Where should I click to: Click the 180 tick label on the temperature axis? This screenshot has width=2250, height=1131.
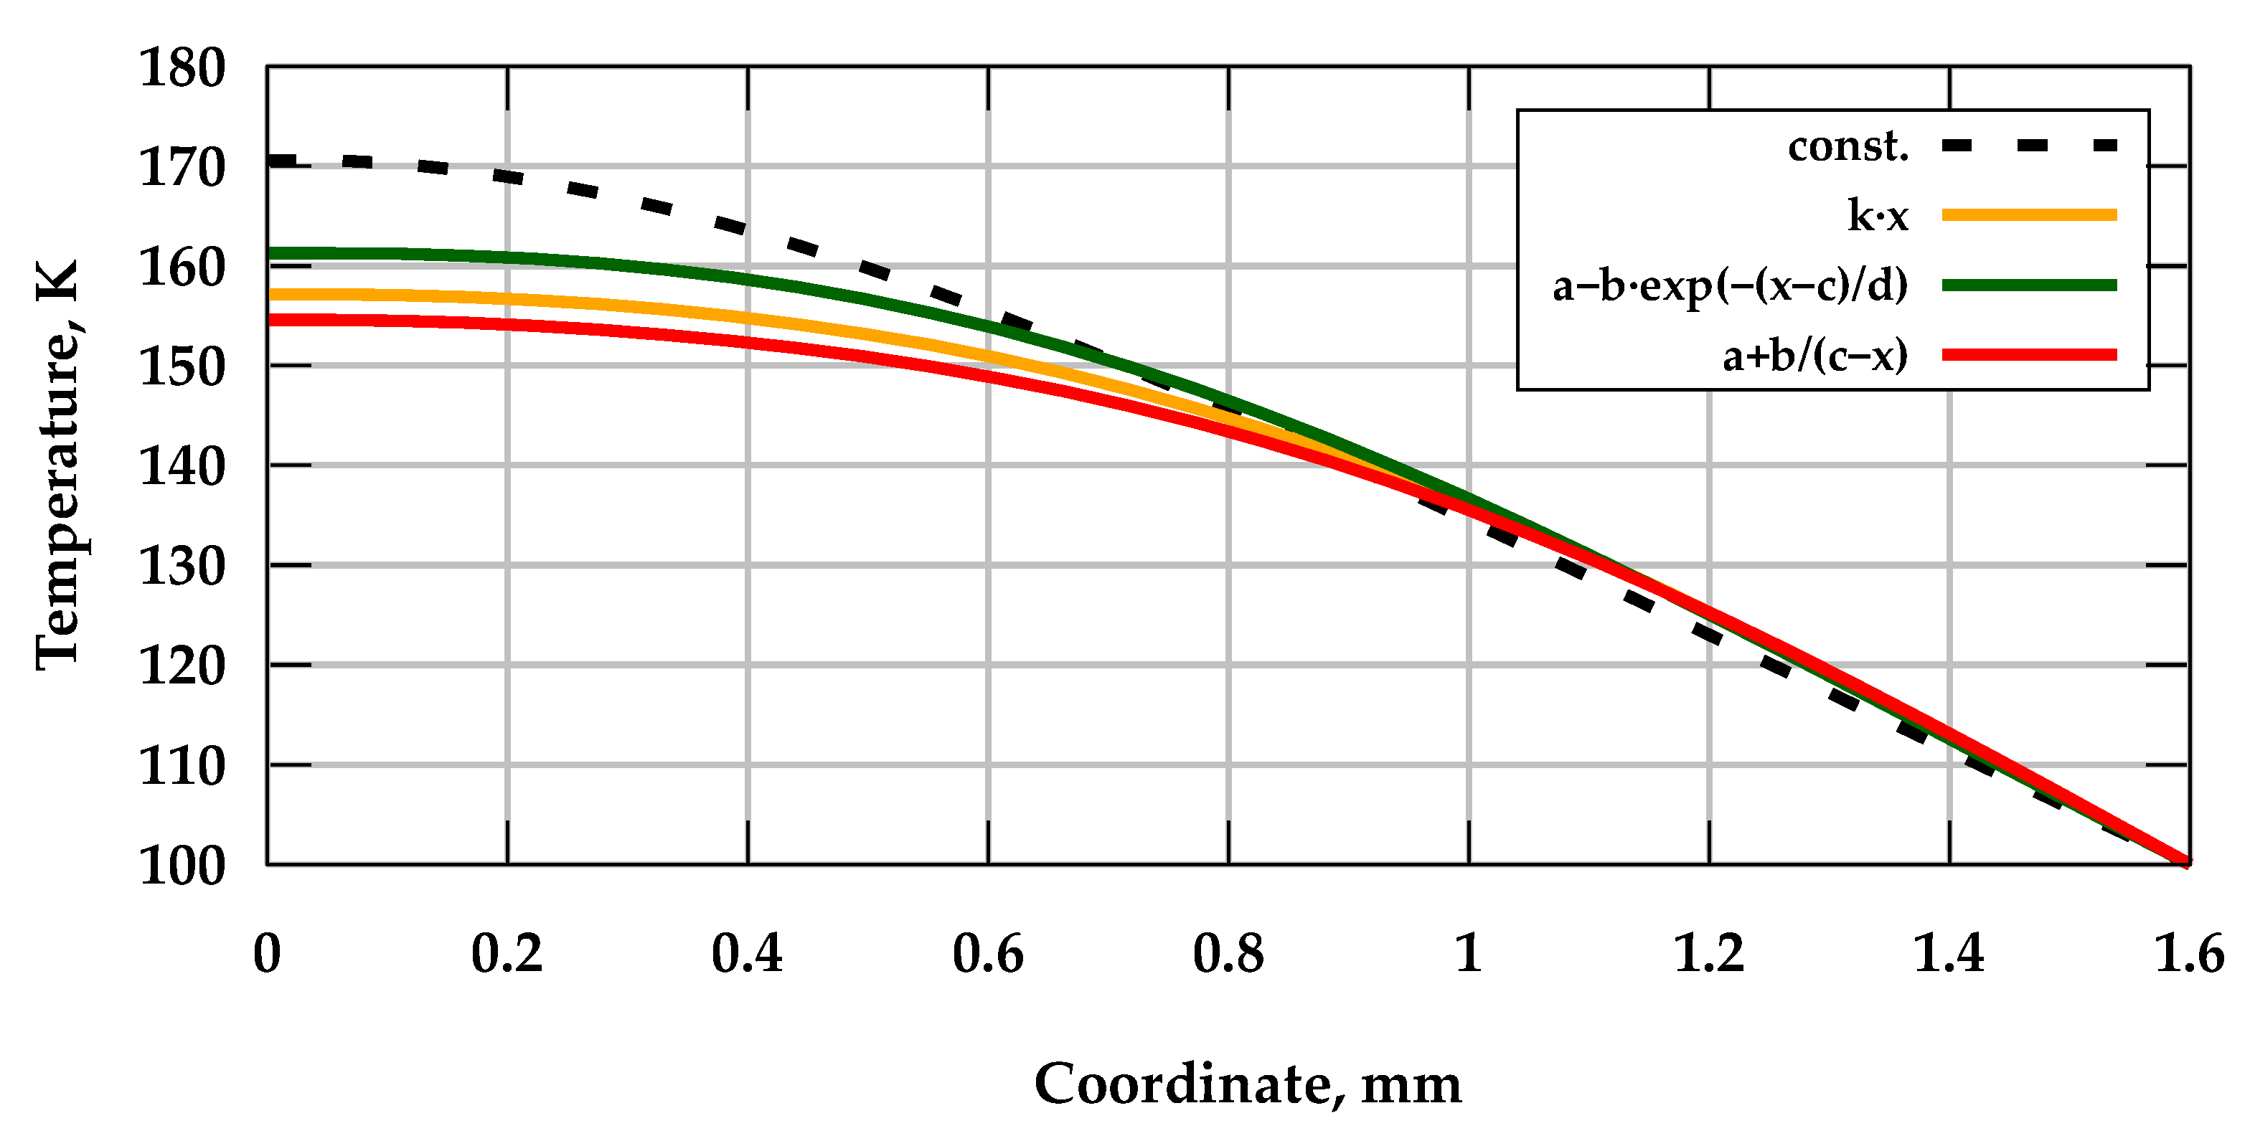pyautogui.click(x=182, y=69)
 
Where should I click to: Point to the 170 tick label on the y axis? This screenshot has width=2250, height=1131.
pyautogui.click(x=182, y=169)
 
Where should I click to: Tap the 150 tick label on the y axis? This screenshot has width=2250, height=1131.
pyautogui.click(x=182, y=368)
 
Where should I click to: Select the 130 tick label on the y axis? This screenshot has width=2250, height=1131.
pyautogui.click(x=182, y=568)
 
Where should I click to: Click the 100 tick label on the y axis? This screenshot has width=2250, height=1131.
pyautogui.click(x=182, y=867)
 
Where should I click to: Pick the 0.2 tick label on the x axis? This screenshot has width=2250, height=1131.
pyautogui.click(x=507, y=954)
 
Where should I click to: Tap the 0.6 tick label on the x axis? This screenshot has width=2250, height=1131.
pyautogui.click(x=988, y=954)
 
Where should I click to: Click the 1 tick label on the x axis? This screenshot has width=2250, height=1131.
pyautogui.click(x=1468, y=954)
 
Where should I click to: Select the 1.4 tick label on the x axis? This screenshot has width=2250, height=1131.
pyautogui.click(x=1949, y=954)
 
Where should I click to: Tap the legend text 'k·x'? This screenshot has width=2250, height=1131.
pyautogui.click(x=1878, y=216)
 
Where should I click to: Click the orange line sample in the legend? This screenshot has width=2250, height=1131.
pyautogui.click(x=2029, y=215)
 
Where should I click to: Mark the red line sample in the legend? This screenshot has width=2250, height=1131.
pyautogui.click(x=2029, y=354)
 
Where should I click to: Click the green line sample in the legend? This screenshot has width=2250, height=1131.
pyautogui.click(x=2029, y=285)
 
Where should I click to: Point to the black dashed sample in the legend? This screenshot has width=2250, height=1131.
pyautogui.click(x=2029, y=145)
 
